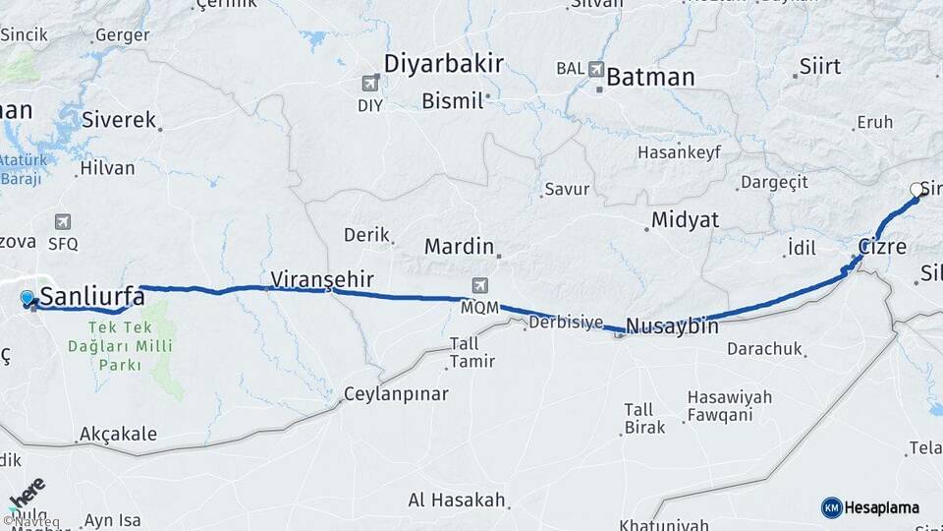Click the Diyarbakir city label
(443, 64)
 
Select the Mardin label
(458, 246)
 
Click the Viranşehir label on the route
(321, 279)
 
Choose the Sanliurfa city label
(93, 296)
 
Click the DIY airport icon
(371, 84)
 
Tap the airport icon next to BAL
(596, 69)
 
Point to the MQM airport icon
(480, 286)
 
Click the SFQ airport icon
(63, 222)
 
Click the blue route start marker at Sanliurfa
(28, 297)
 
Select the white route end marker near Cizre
(916, 190)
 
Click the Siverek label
(119, 121)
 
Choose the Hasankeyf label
(679, 152)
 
